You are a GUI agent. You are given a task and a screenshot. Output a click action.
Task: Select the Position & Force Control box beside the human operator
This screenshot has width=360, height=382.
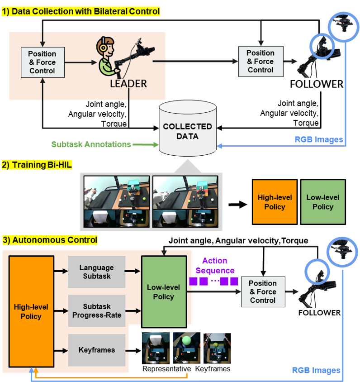(x=43, y=62)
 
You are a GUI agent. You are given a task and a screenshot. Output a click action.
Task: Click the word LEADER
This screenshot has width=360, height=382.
(x=128, y=84)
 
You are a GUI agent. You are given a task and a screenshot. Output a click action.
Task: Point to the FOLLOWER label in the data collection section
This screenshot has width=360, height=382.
(x=317, y=84)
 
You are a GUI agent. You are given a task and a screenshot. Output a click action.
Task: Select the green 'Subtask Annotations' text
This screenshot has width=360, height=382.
(x=91, y=145)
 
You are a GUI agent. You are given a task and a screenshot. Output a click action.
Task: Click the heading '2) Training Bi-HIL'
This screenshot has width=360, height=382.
(x=38, y=165)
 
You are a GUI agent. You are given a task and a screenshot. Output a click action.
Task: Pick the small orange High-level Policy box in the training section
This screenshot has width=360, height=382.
(x=275, y=202)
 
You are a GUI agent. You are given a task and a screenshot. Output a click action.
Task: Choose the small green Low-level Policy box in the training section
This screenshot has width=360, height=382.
(x=322, y=202)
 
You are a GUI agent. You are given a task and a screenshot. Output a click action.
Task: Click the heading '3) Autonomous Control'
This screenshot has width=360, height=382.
(x=50, y=240)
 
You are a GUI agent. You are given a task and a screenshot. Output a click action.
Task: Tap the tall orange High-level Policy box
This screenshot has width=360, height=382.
(x=31, y=311)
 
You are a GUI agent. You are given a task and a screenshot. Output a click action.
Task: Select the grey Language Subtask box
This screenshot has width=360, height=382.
(x=96, y=272)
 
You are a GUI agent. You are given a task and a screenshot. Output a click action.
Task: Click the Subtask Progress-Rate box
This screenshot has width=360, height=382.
(x=96, y=311)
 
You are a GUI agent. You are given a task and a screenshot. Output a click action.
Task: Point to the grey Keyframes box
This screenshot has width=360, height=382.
(x=96, y=350)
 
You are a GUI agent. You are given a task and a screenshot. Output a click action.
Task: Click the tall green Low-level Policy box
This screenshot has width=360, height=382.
(x=164, y=292)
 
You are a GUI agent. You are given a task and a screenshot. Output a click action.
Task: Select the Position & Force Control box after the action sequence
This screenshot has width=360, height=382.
(x=263, y=292)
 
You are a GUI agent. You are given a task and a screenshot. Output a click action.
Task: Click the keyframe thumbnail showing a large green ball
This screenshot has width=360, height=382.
(x=185, y=348)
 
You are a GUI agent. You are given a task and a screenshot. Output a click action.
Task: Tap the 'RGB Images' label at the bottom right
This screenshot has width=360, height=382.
(x=316, y=371)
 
